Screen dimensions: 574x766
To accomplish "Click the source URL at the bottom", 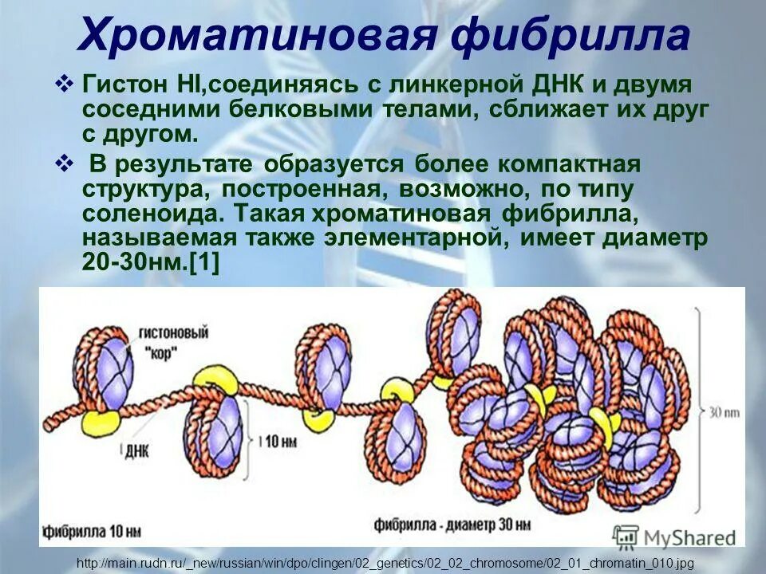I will coord(382,563).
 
